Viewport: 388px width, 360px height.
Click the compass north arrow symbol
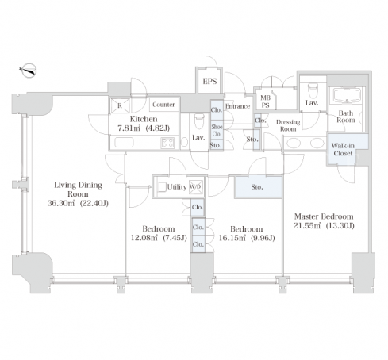click(x=28, y=71)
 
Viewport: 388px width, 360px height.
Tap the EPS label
click(x=209, y=82)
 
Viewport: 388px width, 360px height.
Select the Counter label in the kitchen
click(x=163, y=105)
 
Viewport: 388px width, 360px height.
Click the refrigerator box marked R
click(x=120, y=105)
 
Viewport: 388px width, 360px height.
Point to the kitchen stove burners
click(x=167, y=143)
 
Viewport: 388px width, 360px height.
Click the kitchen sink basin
click(x=124, y=143)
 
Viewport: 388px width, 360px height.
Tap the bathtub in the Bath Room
click(x=346, y=96)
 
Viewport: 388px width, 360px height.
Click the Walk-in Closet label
click(x=343, y=149)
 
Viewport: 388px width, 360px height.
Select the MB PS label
click(x=265, y=101)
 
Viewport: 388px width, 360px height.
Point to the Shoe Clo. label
click(x=217, y=130)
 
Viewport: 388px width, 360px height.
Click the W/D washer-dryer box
click(x=195, y=187)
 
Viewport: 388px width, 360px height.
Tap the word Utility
click(x=177, y=187)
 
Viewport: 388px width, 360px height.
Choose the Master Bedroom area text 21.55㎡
click(x=307, y=226)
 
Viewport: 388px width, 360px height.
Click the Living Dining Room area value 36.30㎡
click(x=61, y=203)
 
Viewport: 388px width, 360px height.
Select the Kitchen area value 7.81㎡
click(x=129, y=128)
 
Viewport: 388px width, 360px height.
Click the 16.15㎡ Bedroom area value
click(x=232, y=238)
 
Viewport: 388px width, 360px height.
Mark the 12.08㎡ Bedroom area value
click(x=144, y=238)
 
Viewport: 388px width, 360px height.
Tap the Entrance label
click(x=237, y=106)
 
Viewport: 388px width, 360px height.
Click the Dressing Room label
click(x=288, y=125)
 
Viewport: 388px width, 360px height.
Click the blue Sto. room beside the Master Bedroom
click(x=259, y=187)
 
